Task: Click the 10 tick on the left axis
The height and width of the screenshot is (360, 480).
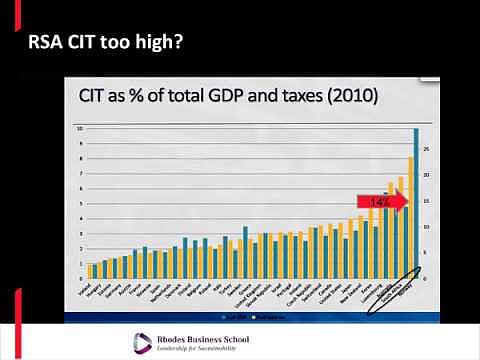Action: pos(80,129)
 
